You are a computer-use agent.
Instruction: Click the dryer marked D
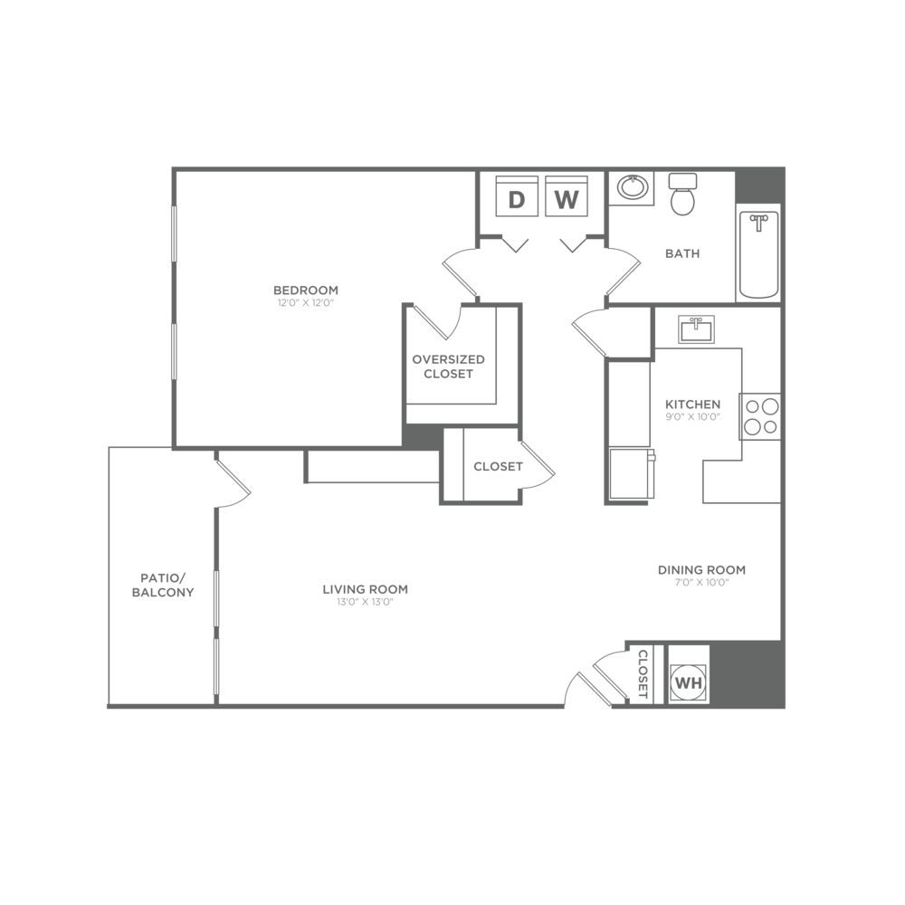click(x=517, y=199)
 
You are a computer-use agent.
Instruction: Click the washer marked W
click(x=567, y=199)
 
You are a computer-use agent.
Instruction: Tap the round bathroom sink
click(x=632, y=188)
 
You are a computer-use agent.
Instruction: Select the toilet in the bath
click(x=682, y=195)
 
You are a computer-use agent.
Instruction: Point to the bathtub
click(x=758, y=254)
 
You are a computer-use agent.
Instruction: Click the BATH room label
click(x=682, y=254)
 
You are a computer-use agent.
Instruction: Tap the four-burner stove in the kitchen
click(x=760, y=417)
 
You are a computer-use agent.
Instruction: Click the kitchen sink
click(x=696, y=329)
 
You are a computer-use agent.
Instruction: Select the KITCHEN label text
click(x=692, y=405)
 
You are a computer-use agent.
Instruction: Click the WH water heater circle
click(x=688, y=682)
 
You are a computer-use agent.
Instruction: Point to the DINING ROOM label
click(x=701, y=570)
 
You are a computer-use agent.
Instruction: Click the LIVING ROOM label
click(x=366, y=590)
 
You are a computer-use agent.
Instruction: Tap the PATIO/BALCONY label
click(x=164, y=585)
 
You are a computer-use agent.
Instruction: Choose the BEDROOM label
click(x=306, y=291)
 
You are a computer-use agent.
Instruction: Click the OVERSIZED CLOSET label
click(x=449, y=366)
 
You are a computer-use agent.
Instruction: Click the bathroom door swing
click(x=621, y=271)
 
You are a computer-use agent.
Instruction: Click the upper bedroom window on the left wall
click(x=174, y=233)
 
